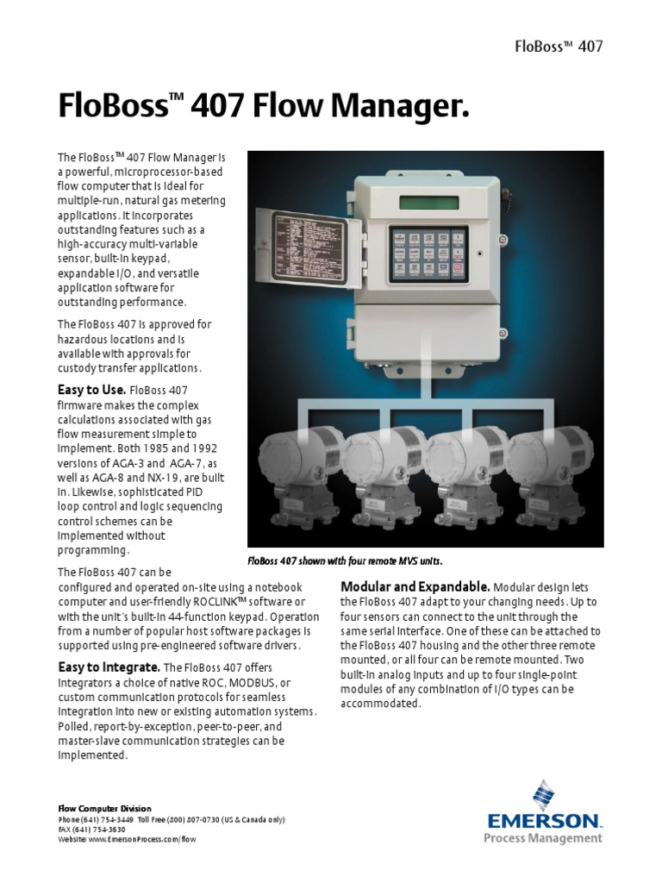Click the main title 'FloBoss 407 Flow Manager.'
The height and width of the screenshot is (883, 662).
click(265, 107)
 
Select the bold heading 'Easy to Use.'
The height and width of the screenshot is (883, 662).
click(92, 389)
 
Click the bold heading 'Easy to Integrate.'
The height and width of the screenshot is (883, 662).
click(109, 667)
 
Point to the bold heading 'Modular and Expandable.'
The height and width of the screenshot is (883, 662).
click(415, 586)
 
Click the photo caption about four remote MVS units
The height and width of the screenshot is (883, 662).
click(345, 560)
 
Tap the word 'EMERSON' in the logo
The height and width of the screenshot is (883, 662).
click(544, 821)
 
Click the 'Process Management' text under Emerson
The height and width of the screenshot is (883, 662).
click(543, 837)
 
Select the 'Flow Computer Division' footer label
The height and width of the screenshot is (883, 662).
click(92, 808)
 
